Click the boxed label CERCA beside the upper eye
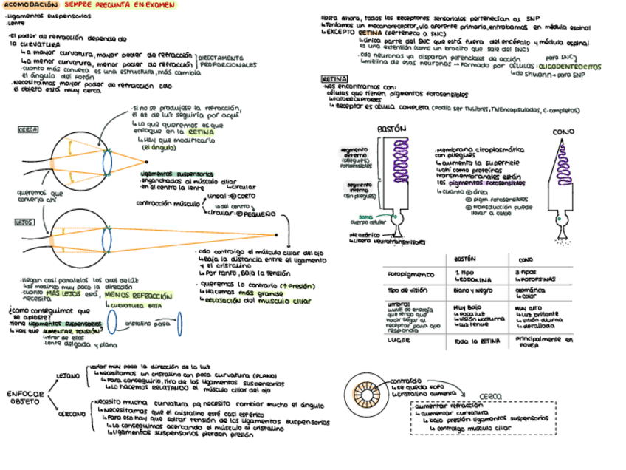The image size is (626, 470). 27,129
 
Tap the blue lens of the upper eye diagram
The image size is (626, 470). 108,161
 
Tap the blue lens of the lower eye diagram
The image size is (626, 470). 108,239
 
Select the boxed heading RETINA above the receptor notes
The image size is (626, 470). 334,78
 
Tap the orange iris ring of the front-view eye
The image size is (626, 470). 364,390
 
